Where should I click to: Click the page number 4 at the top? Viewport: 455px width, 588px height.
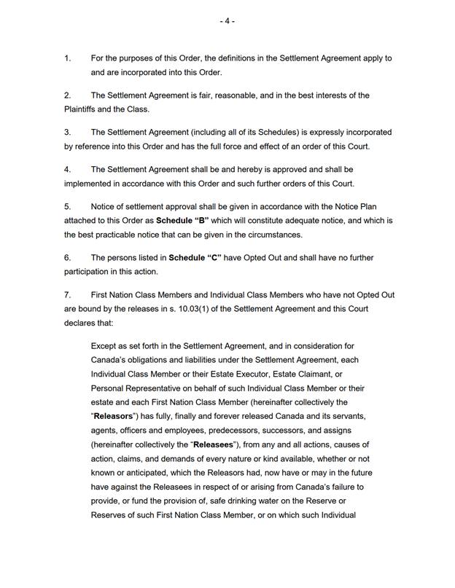(x=227, y=21)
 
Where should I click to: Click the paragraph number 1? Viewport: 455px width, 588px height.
(x=67, y=58)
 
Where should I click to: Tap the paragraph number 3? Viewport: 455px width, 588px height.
(x=67, y=133)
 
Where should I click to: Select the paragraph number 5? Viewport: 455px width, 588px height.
(x=67, y=207)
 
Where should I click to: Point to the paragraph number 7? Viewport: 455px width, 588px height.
(x=67, y=295)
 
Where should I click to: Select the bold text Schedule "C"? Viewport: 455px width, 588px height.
(x=194, y=258)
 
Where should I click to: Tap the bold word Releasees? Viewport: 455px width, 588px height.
(x=212, y=444)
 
